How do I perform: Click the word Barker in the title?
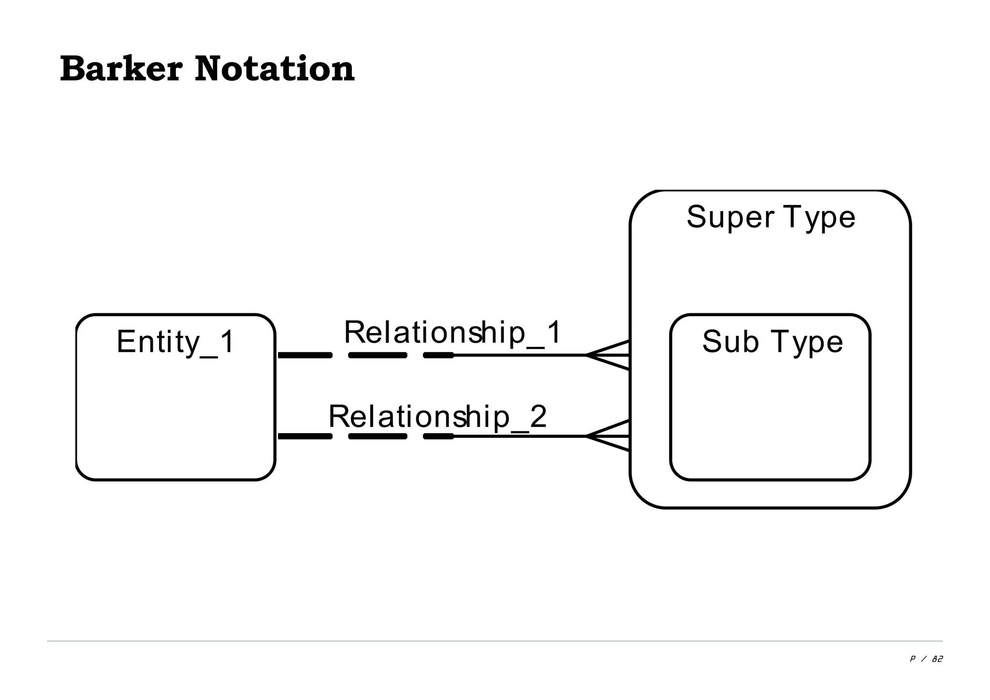click(x=121, y=69)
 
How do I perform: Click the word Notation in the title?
click(x=275, y=69)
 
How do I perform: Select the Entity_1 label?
click(x=175, y=342)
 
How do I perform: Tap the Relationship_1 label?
click(x=452, y=333)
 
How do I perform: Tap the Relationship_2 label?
click(x=437, y=416)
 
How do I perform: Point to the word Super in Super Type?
click(x=730, y=218)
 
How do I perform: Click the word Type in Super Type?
click(x=819, y=218)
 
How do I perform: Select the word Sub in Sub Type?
click(x=730, y=342)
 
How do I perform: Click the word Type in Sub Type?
click(x=807, y=342)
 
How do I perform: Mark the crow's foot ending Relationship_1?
click(x=608, y=355)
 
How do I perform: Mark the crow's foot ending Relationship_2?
click(x=608, y=436)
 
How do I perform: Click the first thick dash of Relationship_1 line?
click(x=305, y=355)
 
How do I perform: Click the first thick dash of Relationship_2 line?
click(x=305, y=436)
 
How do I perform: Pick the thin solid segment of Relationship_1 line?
click(x=520, y=355)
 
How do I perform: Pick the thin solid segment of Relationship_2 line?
click(x=520, y=436)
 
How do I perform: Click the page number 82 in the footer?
click(x=937, y=659)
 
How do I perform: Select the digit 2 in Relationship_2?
click(x=538, y=416)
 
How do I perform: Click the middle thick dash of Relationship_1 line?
click(x=378, y=355)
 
